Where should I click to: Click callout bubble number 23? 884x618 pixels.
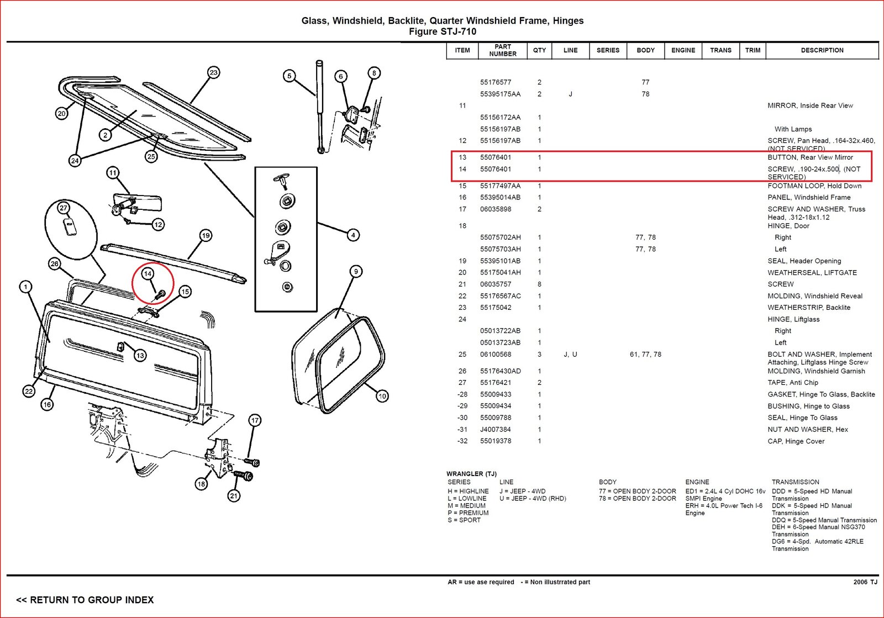[213, 72]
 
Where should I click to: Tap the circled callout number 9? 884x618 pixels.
[356, 271]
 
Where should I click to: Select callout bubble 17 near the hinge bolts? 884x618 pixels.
[255, 420]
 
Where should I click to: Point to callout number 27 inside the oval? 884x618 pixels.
[64, 208]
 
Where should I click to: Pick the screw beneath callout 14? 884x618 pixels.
[160, 294]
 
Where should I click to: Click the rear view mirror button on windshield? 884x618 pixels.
[121, 347]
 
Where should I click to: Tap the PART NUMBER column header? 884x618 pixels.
[502, 50]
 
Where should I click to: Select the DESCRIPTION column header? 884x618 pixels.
[822, 50]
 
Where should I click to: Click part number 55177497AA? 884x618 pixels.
[501, 186]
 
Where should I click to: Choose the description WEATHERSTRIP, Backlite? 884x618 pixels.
[809, 307]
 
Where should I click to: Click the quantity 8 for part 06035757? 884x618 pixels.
[539, 284]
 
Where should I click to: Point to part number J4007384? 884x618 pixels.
[495, 429]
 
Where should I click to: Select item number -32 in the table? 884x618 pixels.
[462, 441]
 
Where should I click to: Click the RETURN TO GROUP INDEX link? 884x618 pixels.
[85, 600]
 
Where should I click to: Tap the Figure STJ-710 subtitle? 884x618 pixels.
[443, 31]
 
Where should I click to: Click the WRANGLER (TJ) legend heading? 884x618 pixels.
[472, 474]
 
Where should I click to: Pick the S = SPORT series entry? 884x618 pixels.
[464, 520]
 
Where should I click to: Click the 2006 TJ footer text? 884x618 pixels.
[865, 582]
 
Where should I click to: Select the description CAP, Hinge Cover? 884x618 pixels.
[796, 441]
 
